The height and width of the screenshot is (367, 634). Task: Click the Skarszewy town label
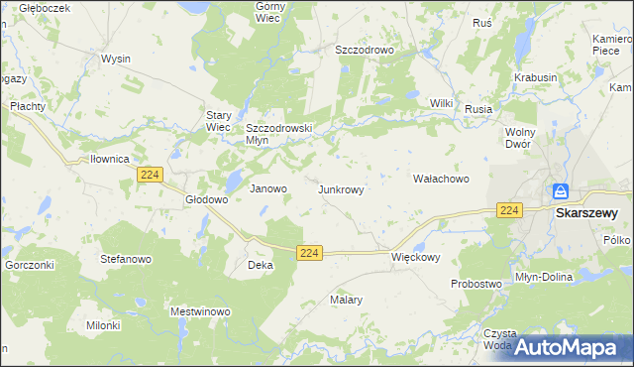click(586, 212)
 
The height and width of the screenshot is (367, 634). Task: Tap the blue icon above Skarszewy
click(560, 190)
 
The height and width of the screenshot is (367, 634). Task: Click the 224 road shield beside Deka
click(309, 254)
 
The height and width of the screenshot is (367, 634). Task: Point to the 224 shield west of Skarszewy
click(509, 210)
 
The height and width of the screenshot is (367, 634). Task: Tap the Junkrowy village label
click(347, 188)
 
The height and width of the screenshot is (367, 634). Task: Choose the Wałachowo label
click(440, 179)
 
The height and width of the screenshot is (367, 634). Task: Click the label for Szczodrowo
click(365, 49)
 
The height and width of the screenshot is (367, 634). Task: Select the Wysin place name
click(116, 59)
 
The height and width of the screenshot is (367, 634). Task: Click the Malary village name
click(346, 299)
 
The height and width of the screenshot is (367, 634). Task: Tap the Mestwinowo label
click(200, 311)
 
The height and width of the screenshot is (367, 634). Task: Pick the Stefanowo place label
click(125, 258)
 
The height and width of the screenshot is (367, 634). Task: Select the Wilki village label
click(441, 103)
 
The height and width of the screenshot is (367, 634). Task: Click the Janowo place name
click(267, 188)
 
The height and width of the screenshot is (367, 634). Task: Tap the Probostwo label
click(475, 284)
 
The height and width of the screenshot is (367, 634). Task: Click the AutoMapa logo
click(568, 347)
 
